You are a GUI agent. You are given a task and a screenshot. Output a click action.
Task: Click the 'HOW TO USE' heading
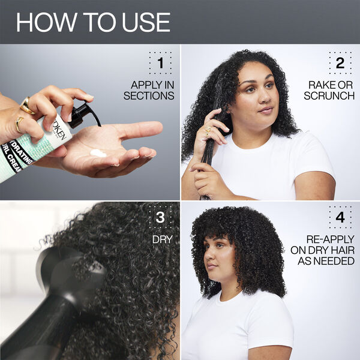(93, 22)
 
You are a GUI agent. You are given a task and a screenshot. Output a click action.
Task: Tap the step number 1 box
(160, 62)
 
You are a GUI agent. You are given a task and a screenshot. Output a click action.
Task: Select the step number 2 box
(340, 62)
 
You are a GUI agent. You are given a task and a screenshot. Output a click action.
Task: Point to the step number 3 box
(160, 217)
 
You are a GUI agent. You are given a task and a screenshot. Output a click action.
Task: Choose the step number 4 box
(340, 217)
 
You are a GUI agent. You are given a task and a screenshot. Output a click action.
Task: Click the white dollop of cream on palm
(98, 154)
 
